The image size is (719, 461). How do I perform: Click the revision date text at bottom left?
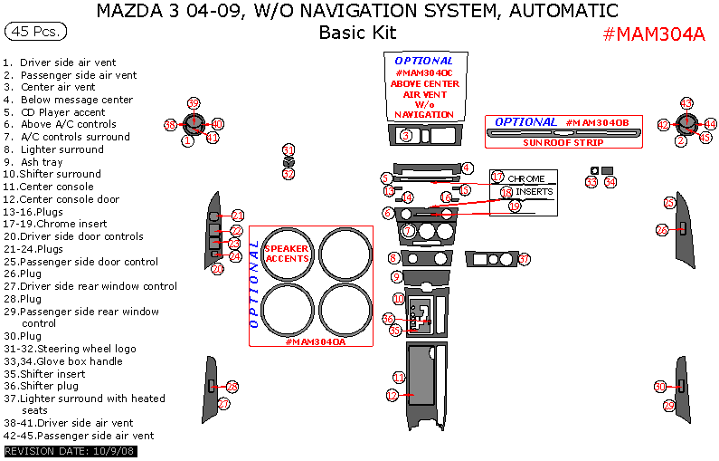point(70,451)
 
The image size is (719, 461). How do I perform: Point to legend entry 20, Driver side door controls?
point(72,236)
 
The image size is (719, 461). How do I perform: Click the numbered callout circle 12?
point(393,395)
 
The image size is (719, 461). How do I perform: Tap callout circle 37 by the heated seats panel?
point(523,259)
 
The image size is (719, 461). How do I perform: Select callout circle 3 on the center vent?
point(406,135)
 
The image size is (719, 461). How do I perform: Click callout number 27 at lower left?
point(223,403)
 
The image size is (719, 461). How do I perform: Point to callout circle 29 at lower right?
point(669,406)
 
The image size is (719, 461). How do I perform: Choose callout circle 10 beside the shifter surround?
point(399,298)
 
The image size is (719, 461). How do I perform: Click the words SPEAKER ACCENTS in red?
point(286,253)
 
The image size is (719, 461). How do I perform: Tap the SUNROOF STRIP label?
point(563,142)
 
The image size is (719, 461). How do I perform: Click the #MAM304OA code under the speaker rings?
point(313,341)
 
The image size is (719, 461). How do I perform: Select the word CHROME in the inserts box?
point(526,179)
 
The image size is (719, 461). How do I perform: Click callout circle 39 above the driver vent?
point(193,103)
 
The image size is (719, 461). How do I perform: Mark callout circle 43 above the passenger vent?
point(686,103)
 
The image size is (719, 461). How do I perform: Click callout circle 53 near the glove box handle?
point(591,182)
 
